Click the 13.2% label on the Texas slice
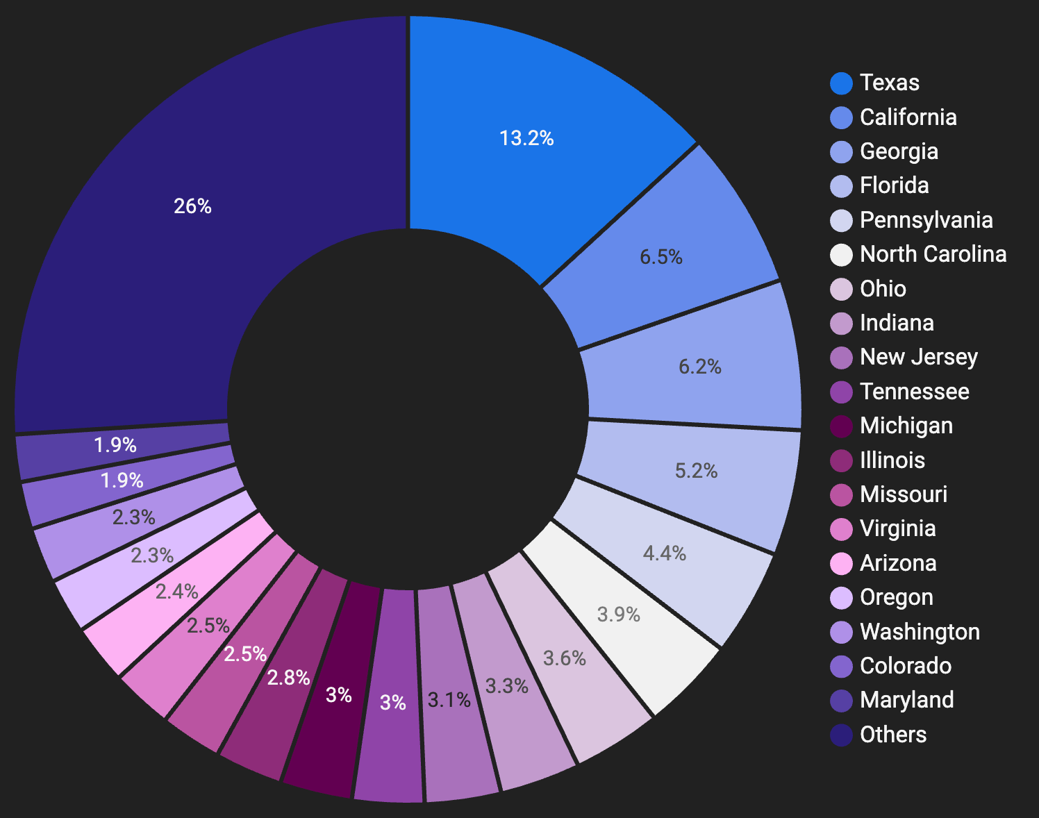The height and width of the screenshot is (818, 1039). (526, 138)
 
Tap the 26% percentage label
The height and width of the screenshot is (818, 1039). (192, 206)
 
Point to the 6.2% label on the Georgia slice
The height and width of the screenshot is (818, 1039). (700, 367)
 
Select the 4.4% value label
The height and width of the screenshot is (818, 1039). (665, 553)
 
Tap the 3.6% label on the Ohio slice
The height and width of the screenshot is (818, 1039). (564, 658)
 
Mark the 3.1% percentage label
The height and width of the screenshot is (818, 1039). (449, 700)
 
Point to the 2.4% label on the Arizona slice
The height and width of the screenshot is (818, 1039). (177, 592)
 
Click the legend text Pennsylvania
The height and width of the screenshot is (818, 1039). (926, 220)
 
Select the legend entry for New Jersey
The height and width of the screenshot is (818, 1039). (918, 357)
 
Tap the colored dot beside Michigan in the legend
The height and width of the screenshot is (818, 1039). (841, 426)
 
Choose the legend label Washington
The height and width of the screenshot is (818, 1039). (920, 632)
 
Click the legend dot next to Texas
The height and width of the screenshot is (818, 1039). (841, 83)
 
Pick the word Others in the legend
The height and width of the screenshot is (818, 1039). (893, 735)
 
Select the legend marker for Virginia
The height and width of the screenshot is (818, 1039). (841, 528)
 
